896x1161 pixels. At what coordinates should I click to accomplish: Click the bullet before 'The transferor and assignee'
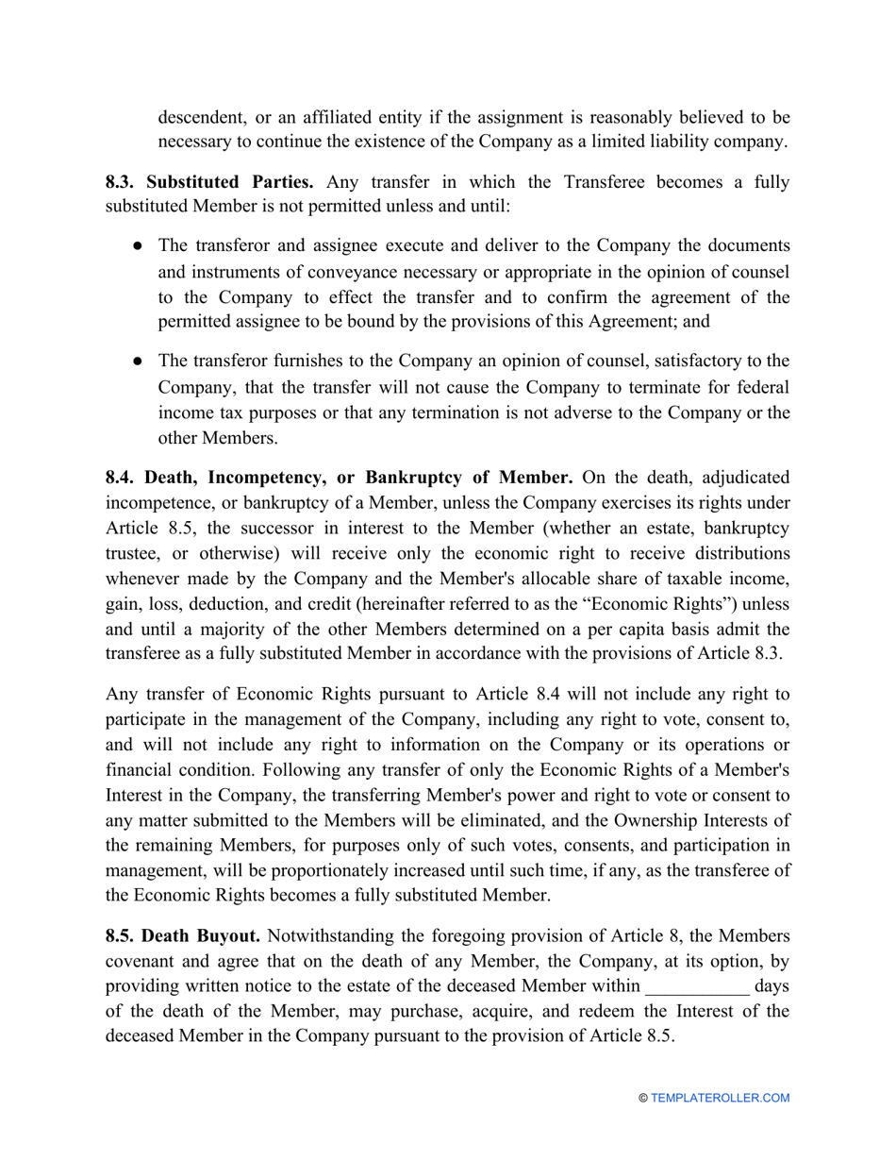click(x=138, y=245)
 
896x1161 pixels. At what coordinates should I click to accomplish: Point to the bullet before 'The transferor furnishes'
click(x=138, y=362)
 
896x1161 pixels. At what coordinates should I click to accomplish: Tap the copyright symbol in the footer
click(x=643, y=1098)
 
